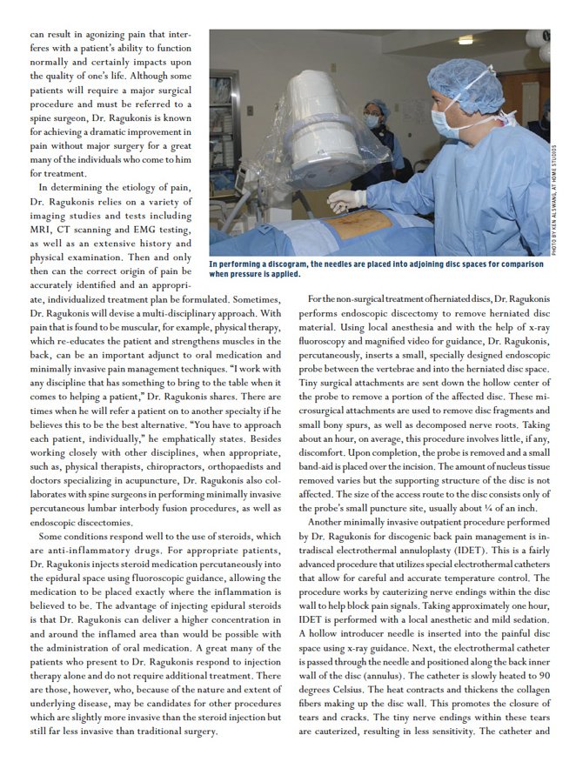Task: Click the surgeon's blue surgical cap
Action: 470,79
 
